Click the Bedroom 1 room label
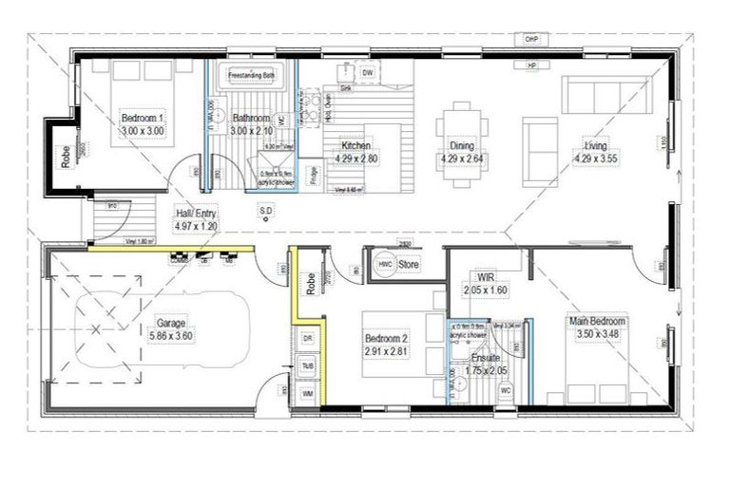(142, 118)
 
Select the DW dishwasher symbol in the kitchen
(368, 72)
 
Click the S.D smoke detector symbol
(266, 210)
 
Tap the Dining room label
(462, 146)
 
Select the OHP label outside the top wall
(532, 40)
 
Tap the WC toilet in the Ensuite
(506, 389)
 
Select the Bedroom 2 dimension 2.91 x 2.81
(387, 351)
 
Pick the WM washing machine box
(308, 392)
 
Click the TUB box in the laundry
(308, 364)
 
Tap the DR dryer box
(307, 338)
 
